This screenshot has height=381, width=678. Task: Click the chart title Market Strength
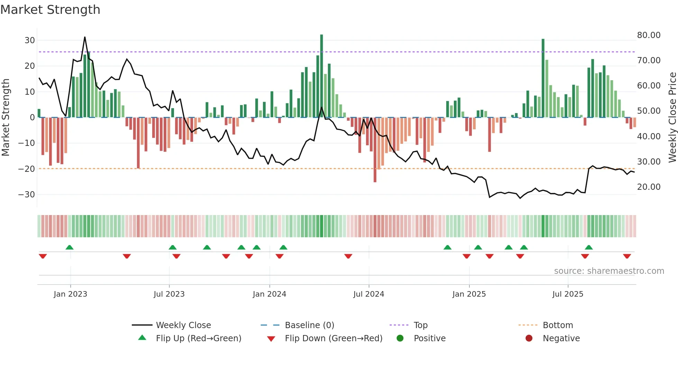(x=50, y=10)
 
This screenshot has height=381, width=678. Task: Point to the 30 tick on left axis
(x=30, y=40)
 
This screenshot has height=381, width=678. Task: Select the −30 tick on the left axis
(x=27, y=195)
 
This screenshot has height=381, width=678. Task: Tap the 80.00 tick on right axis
(x=649, y=35)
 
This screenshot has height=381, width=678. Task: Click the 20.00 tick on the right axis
(x=649, y=187)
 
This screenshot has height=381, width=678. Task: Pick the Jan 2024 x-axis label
(x=269, y=294)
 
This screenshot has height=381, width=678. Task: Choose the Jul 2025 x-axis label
(x=568, y=294)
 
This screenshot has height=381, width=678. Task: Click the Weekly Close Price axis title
(x=672, y=118)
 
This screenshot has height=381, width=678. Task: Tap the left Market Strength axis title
(x=6, y=118)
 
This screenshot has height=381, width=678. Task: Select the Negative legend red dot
(x=529, y=338)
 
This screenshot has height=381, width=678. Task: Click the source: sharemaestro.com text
(x=609, y=271)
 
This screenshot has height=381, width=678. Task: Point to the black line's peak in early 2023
(x=85, y=37)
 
